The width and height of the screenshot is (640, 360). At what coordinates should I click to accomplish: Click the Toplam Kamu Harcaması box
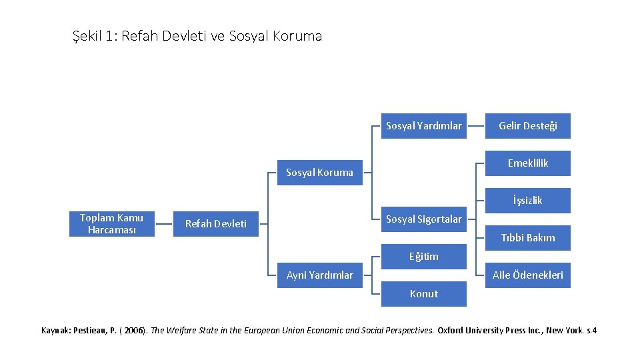click(x=111, y=223)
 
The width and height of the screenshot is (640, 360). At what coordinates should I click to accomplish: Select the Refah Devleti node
click(x=215, y=223)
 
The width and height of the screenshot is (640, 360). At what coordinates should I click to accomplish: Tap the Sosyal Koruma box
click(x=319, y=173)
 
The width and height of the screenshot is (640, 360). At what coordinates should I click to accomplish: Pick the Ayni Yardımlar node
click(x=319, y=275)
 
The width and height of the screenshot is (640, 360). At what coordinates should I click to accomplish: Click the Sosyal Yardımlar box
click(x=423, y=125)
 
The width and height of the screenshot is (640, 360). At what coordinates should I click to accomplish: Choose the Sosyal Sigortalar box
click(x=423, y=219)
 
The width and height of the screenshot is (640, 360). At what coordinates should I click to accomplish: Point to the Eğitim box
click(x=423, y=256)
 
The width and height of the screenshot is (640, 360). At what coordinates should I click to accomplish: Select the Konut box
click(x=423, y=293)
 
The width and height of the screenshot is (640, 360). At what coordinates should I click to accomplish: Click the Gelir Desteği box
click(x=527, y=125)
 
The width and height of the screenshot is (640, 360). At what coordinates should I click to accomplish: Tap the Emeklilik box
click(x=527, y=163)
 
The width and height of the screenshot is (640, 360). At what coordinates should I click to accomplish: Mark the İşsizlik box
click(x=527, y=200)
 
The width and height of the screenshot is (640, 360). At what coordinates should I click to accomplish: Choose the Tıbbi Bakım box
click(x=527, y=237)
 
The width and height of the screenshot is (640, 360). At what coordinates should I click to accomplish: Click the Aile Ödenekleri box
click(x=527, y=275)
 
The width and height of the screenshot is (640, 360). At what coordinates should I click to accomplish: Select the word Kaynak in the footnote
click(x=55, y=330)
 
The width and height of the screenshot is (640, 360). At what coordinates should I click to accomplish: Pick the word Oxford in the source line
click(x=453, y=330)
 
